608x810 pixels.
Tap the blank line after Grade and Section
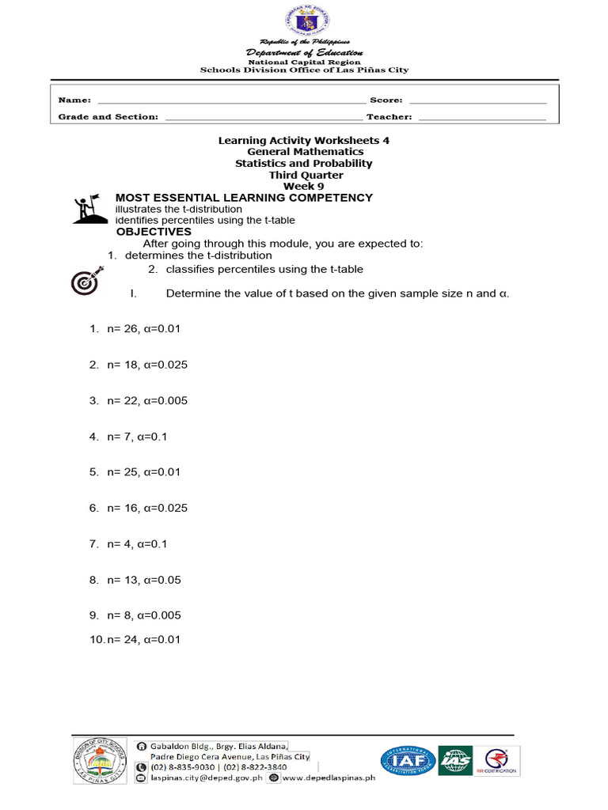pyautogui.click(x=261, y=119)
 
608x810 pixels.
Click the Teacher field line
pyautogui.click(x=481, y=119)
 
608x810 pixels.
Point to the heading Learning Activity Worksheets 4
pyautogui.click(x=305, y=139)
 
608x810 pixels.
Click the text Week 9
pyautogui.click(x=305, y=186)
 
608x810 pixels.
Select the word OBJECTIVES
pyautogui.click(x=154, y=232)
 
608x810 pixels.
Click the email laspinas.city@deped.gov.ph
pyautogui.click(x=201, y=778)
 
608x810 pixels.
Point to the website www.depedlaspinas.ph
pyautogui.click(x=327, y=778)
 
